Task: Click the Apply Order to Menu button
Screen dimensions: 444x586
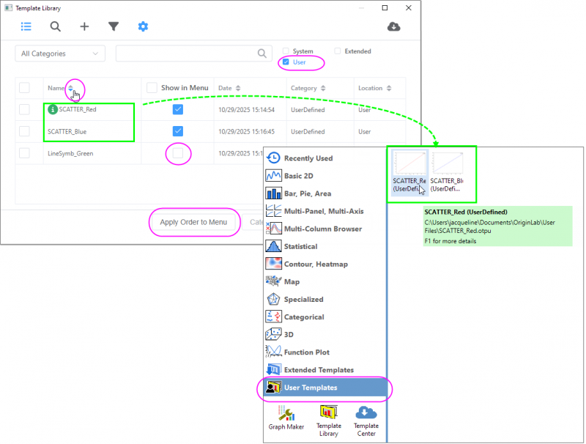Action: click(193, 222)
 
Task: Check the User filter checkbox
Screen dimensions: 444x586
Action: click(286, 62)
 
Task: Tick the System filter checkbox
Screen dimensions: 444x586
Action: click(286, 51)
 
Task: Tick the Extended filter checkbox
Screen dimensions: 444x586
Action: click(337, 51)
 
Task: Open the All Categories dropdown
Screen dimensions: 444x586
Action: click(60, 53)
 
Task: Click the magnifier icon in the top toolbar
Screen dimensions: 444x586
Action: click(56, 27)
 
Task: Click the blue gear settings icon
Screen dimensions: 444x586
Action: click(143, 27)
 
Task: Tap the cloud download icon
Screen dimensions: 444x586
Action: click(393, 27)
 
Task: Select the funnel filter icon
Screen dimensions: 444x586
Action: click(114, 27)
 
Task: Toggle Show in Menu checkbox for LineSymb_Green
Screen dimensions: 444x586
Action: click(178, 153)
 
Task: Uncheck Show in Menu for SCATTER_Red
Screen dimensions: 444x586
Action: click(178, 109)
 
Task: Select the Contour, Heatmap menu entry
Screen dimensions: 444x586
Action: click(316, 264)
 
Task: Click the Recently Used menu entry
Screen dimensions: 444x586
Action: click(308, 158)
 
